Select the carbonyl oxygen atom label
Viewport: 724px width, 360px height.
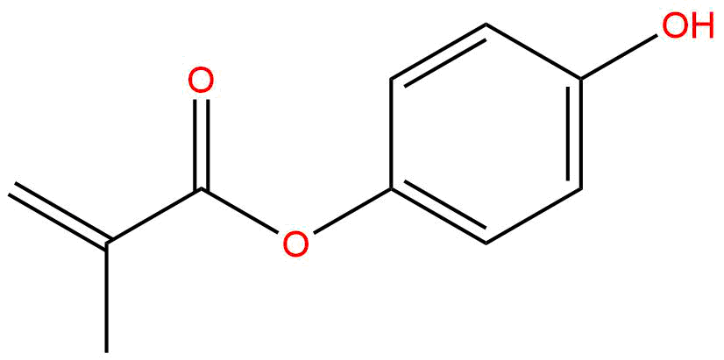pyautogui.click(x=202, y=82)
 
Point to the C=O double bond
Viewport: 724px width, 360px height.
pyautogui.click(x=202, y=140)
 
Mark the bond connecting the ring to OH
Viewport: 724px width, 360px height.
pyautogui.click(x=622, y=54)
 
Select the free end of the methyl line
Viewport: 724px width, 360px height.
pyautogui.click(x=106, y=350)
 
